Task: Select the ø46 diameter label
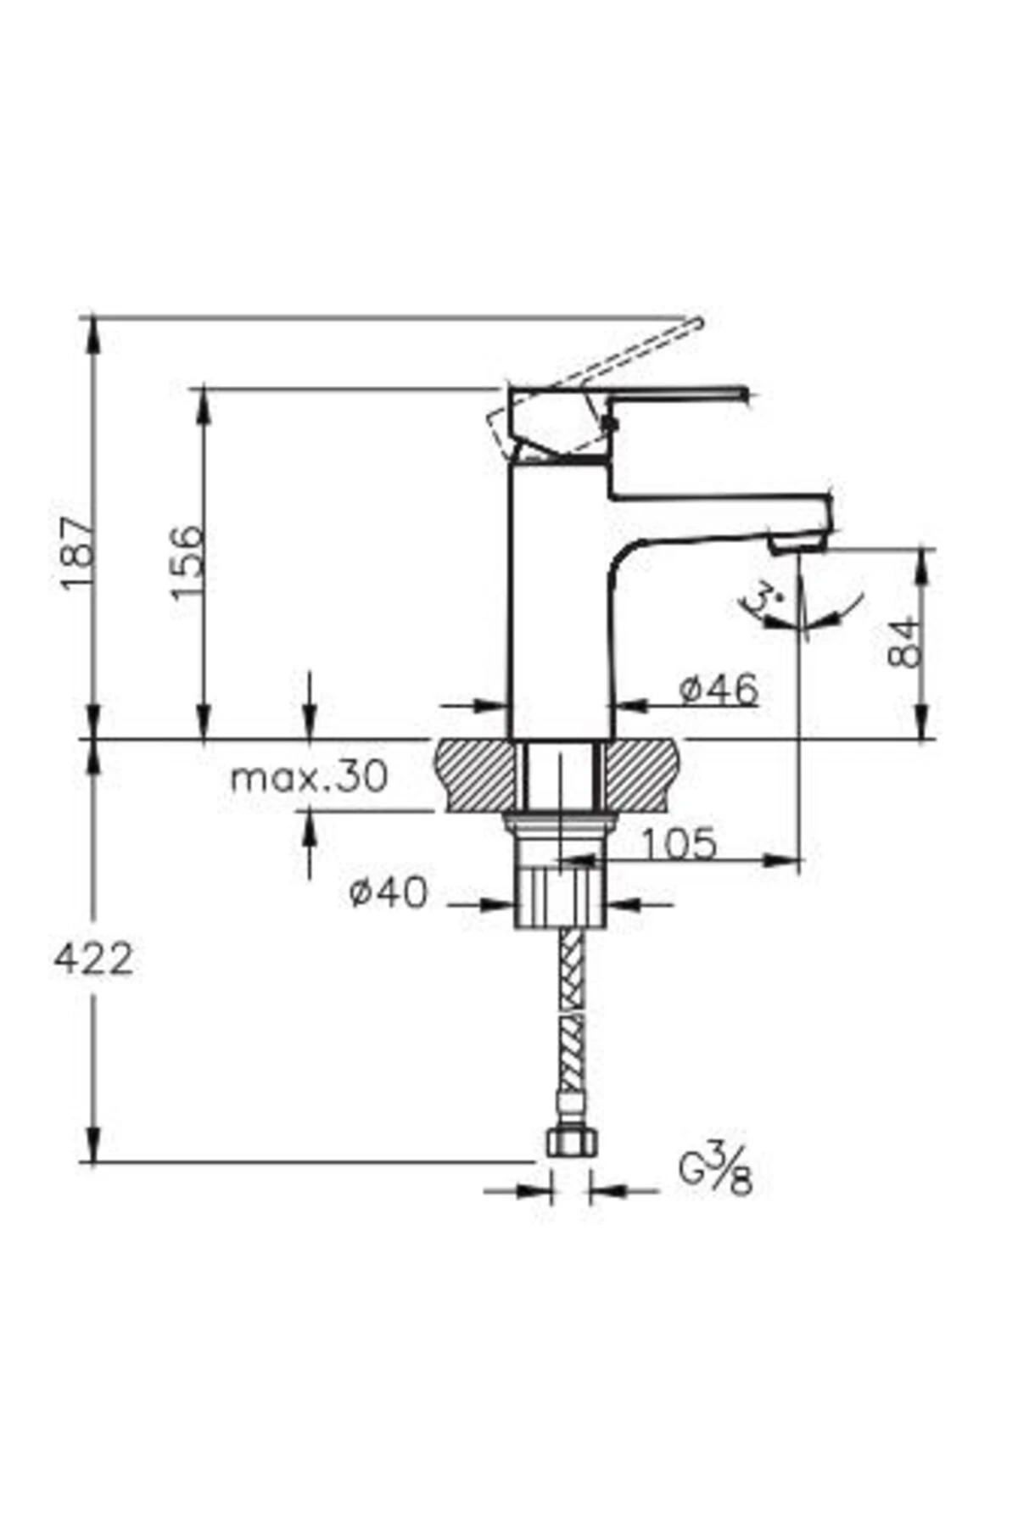pos(719,691)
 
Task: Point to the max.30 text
pos(309,777)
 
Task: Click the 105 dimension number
pos(678,844)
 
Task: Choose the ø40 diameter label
pos(389,892)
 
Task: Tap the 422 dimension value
pos(93,959)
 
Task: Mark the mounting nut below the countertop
pos(560,822)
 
